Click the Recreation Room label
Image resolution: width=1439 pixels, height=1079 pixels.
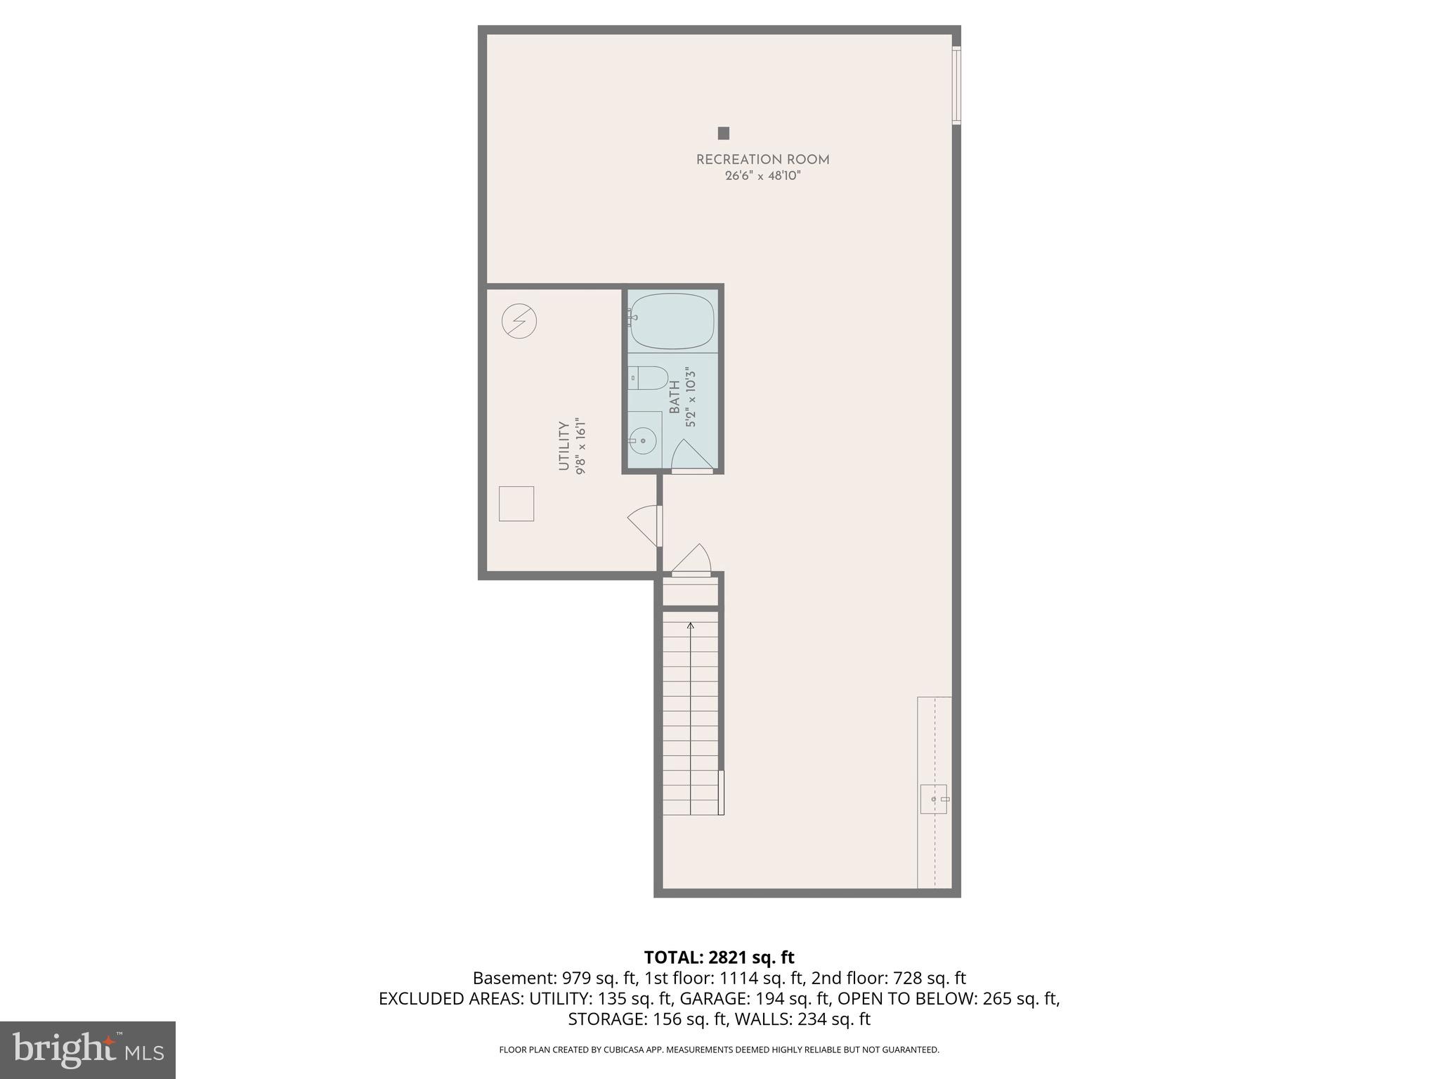tap(762, 160)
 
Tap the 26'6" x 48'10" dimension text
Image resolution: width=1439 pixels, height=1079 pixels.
tap(762, 176)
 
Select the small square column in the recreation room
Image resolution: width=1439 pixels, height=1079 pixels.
tap(723, 133)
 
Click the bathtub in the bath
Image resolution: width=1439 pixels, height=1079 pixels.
tap(672, 321)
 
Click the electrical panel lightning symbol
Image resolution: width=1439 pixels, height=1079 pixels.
tap(519, 321)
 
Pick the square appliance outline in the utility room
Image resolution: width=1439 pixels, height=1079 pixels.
tap(516, 503)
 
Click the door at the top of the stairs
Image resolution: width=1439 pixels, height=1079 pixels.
tap(691, 561)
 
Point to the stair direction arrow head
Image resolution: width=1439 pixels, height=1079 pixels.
tap(691, 625)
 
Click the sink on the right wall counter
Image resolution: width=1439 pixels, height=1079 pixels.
tap(933, 799)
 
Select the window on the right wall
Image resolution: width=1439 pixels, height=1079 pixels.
tap(956, 85)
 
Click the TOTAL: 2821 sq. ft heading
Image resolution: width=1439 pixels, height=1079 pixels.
tap(719, 957)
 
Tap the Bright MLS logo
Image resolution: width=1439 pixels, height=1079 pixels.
tap(88, 1050)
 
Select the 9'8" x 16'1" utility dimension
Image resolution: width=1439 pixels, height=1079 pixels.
tap(580, 447)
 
